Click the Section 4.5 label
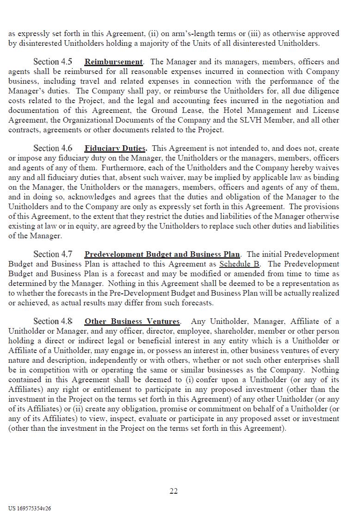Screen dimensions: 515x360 point(53,62)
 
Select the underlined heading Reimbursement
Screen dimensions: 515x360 point(114,62)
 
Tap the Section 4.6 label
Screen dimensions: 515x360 point(53,149)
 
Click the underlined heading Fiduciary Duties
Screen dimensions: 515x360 point(115,149)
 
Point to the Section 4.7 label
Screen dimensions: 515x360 point(53,254)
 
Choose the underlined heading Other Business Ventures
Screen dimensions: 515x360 point(132,321)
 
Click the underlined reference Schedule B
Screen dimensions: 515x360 point(239,264)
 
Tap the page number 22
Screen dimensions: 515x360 point(174,491)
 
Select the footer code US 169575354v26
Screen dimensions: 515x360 point(30,508)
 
